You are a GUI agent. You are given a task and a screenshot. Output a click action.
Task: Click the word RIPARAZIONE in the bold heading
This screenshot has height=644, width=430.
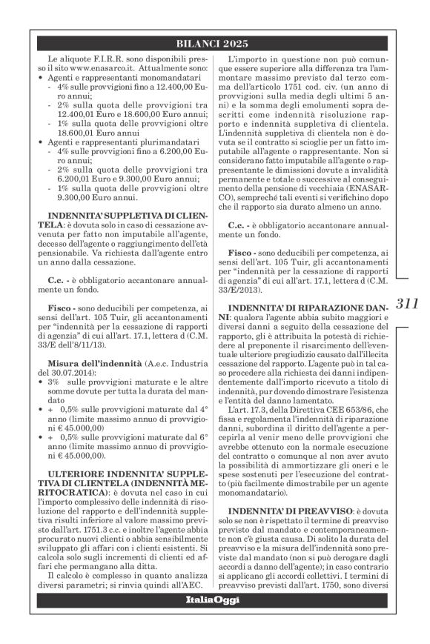[329, 305]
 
